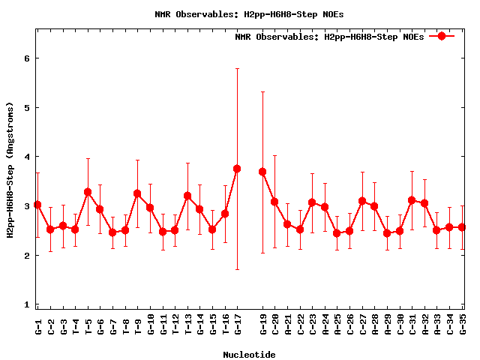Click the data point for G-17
point(237,169)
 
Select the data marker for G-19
point(262,172)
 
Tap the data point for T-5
point(88,192)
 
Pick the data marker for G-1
point(37,205)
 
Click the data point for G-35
point(462,227)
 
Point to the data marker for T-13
point(187,196)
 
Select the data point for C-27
point(362,201)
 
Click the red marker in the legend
point(442,36)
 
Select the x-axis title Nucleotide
point(249,354)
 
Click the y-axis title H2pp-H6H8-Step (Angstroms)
point(10,172)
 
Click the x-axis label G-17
point(237,325)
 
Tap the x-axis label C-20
point(274,325)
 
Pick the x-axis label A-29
point(387,325)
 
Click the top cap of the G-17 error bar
point(237,68)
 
